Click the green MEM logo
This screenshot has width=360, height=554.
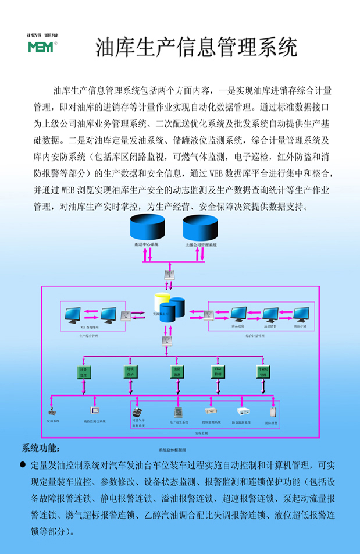coord(40,46)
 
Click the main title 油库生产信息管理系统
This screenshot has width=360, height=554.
coord(196,47)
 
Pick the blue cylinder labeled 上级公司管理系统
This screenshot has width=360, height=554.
coord(201,229)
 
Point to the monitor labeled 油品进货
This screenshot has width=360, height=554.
coord(238,315)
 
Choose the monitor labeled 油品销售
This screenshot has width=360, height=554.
coord(270,315)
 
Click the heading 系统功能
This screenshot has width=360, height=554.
coord(41,448)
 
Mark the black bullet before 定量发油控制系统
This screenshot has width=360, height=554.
coord(23,465)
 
